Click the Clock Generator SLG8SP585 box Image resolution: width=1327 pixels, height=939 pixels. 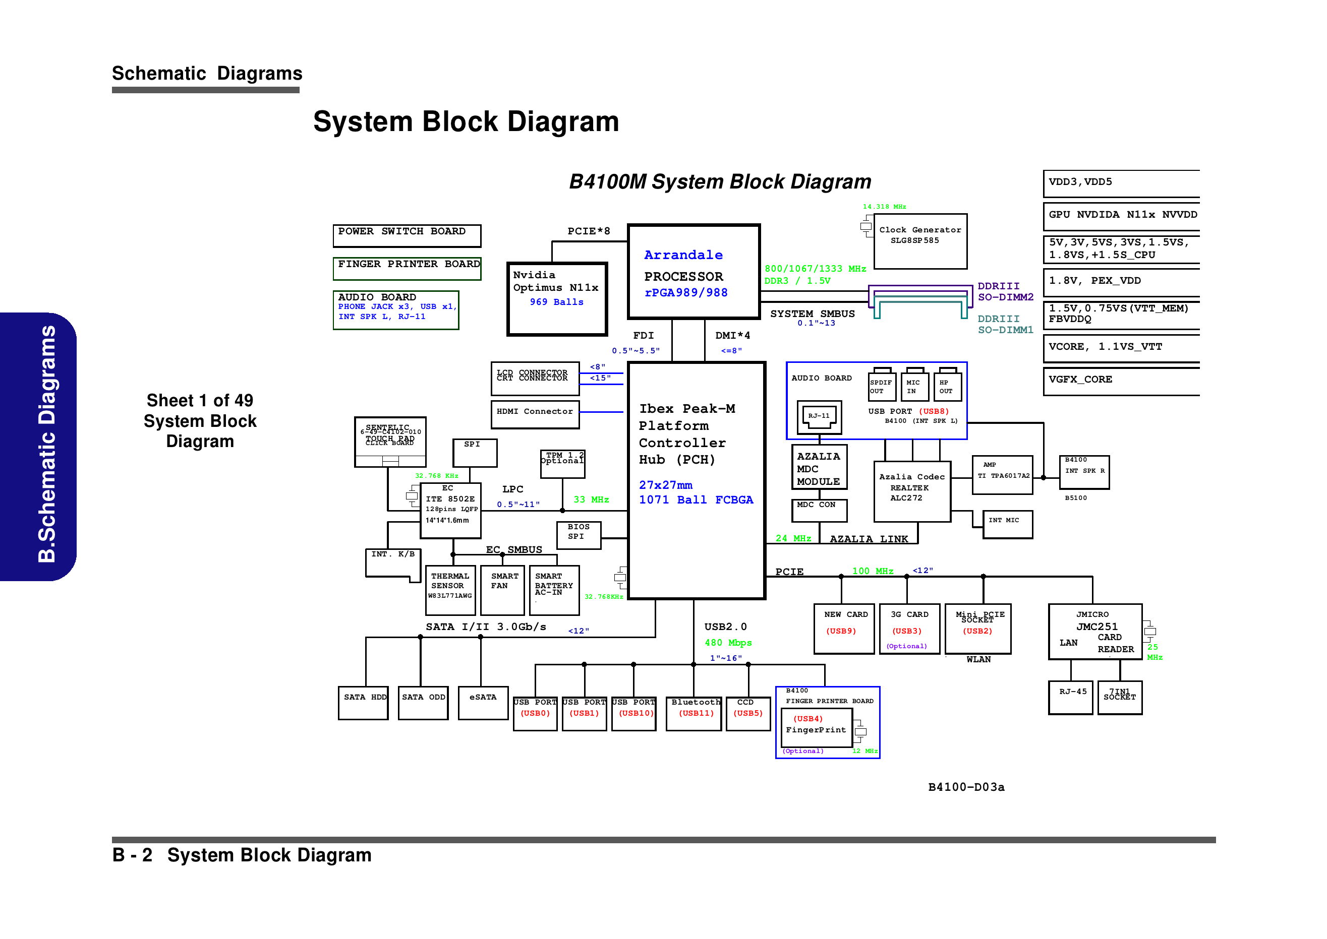pos(920,241)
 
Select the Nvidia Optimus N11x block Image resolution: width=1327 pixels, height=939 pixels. pos(556,298)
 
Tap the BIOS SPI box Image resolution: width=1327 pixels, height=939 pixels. pos(579,535)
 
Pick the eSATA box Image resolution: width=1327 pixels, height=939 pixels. pos(483,703)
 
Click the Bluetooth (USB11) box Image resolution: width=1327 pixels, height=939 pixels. pos(694,714)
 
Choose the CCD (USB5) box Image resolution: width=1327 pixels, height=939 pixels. pos(748,714)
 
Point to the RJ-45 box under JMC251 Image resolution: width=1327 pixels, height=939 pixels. pos(1071,697)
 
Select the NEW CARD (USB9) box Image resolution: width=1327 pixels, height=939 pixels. pos(844,629)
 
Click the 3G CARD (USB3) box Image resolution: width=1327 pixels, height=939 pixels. pos(908,629)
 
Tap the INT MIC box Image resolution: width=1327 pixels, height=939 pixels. pos(1007,524)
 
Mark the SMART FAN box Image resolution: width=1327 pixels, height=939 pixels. pos(502,590)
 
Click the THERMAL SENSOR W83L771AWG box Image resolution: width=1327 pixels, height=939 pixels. pos(450,590)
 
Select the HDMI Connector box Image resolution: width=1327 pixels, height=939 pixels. pos(535,414)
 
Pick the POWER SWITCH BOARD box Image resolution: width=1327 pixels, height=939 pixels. pos(407,235)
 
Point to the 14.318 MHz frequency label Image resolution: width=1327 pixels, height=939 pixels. pos(884,207)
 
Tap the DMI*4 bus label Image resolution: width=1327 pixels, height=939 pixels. pos(732,335)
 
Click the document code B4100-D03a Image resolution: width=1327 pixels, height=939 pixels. pos(966,787)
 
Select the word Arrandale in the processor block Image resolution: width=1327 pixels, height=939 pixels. pos(683,255)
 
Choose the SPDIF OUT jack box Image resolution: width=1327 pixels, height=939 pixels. pos(881,387)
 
